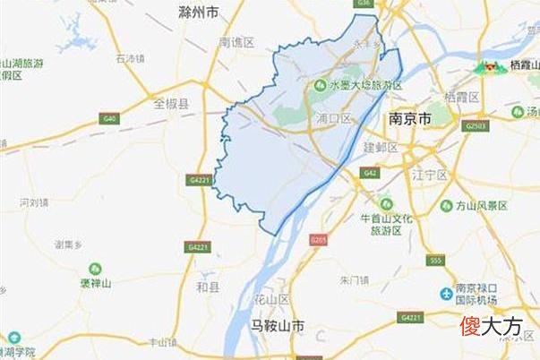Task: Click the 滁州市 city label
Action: point(198,13)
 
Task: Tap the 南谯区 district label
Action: point(237,42)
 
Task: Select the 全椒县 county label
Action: point(171,104)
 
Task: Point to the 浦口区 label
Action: point(334,118)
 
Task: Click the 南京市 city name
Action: point(411,118)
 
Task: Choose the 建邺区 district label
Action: point(380,146)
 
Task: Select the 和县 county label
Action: point(206,288)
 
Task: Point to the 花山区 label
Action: point(271,298)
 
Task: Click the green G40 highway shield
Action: point(110,118)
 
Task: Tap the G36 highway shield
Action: point(363,4)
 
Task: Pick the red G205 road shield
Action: point(318,240)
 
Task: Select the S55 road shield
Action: point(436,260)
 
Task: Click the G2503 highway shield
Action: point(476,127)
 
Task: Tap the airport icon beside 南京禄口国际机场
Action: point(445,294)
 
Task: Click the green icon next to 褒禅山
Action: point(95,268)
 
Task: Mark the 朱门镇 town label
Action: point(354,280)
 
